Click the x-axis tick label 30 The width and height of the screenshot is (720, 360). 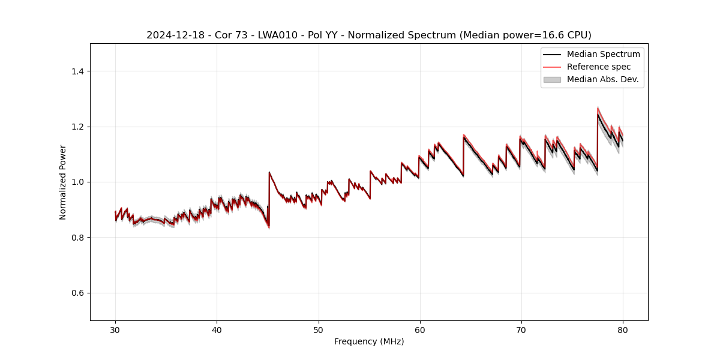coord(115,330)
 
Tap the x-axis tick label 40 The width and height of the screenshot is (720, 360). coord(217,330)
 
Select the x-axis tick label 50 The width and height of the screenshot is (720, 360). coord(319,330)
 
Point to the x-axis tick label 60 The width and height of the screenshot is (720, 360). coord(420,330)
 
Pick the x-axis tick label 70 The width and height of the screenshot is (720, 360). coord(521,330)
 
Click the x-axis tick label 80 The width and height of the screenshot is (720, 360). coord(623,330)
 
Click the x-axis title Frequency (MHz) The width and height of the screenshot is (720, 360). coord(369,341)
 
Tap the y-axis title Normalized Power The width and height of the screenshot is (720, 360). coord(63,182)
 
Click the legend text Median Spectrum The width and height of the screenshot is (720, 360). coord(603,54)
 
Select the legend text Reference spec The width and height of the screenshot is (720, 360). coord(599,67)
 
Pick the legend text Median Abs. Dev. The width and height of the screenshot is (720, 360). coord(602,79)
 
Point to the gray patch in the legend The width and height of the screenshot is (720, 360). coord(552,79)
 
